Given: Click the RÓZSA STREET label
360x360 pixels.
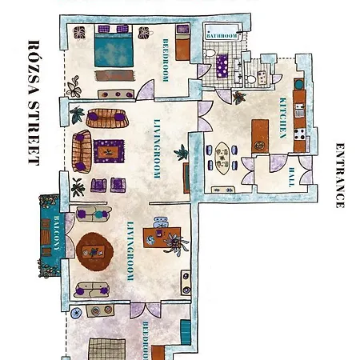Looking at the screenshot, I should (x=34, y=102).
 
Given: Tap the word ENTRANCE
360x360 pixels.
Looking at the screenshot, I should (x=340, y=175).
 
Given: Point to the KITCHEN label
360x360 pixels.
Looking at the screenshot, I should (x=282, y=118).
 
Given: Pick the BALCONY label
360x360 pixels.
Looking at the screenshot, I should (x=56, y=233).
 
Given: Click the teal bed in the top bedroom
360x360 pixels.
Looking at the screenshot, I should (x=111, y=50).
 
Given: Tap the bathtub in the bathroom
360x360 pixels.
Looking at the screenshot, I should (x=222, y=33).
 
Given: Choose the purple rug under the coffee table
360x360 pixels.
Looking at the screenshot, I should (x=110, y=148).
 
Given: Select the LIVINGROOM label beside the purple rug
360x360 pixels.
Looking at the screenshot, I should (x=157, y=147).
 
